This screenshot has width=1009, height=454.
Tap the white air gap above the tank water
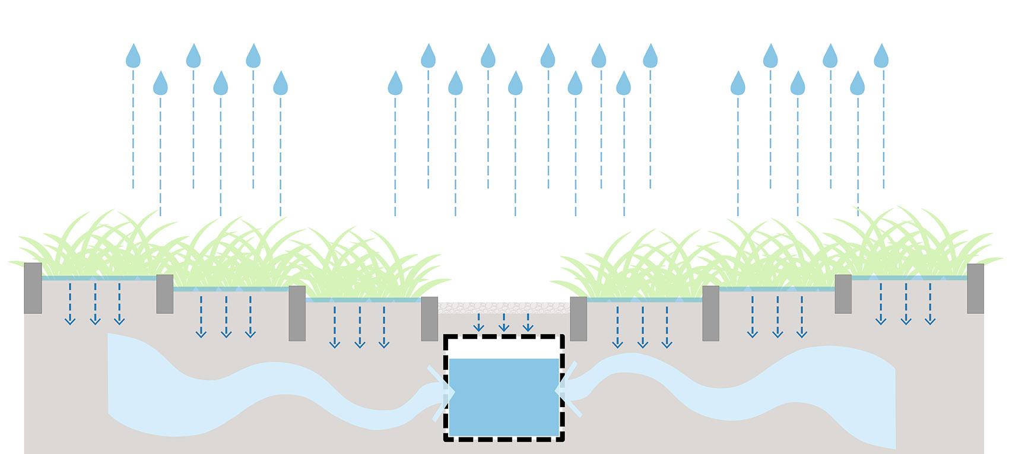504,348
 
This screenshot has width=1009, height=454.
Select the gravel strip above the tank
504,307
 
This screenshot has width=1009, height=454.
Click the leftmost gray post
33,288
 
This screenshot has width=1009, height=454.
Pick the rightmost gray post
975,288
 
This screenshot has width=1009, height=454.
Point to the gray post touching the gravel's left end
429,319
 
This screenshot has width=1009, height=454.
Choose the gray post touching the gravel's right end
578,319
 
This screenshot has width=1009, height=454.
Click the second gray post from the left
164,294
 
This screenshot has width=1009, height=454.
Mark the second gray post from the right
843,294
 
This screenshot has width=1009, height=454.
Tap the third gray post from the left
297,313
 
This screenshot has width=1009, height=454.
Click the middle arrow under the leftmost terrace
95,304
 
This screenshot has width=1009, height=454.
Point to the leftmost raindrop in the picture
133,56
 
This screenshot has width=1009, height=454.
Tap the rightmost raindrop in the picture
881,56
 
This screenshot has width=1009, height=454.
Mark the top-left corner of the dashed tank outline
446,338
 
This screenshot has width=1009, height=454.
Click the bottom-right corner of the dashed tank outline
561,439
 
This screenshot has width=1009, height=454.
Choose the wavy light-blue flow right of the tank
772,386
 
